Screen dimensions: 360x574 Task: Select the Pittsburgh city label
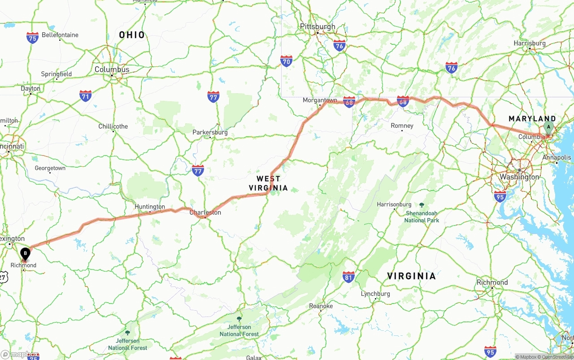coord(317,27)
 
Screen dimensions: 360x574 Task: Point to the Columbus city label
coord(112,69)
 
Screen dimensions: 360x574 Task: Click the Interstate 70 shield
coord(287,61)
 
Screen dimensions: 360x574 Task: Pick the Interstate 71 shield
coord(86,95)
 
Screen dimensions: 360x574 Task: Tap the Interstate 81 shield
coord(348,277)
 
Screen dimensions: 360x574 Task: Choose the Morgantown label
coord(320,100)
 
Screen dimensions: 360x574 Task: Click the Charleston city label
coord(205,213)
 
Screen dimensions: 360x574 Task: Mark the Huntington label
coord(150,207)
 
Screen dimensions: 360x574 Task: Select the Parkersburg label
coord(210,133)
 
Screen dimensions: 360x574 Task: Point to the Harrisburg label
coord(530,43)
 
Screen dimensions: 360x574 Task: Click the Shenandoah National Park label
coord(422,217)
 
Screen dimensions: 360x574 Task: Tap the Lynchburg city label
coord(375,294)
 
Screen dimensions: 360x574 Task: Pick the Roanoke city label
coord(321,306)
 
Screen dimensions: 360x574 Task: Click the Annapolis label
coord(557,158)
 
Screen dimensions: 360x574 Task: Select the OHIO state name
coord(132,35)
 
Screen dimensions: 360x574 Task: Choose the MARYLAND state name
coord(532,119)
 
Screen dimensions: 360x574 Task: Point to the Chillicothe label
coord(113,126)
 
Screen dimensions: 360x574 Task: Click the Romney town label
coord(402,126)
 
